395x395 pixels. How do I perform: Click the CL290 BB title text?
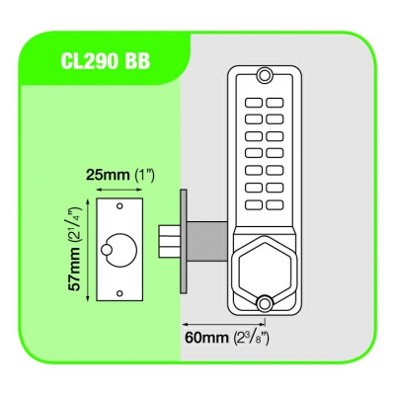coord(106,61)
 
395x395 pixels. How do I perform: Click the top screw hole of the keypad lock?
coord(263,74)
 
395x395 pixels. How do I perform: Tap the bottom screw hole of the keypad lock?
coord(263,304)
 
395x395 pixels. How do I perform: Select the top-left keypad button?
coord(254,103)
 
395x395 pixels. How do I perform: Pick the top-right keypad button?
coord(275,103)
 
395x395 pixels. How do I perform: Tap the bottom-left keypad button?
coord(254,205)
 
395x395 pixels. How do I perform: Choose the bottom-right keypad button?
coord(275,205)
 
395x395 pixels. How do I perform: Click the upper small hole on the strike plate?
coord(119,205)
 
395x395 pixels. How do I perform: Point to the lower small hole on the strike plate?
coord(119,292)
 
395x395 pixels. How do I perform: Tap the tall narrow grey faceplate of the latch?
coord(184,241)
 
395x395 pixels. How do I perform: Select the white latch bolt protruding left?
coord(169,241)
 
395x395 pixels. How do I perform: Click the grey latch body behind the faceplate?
coord(207,241)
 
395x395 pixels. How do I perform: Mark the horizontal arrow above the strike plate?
coord(119,190)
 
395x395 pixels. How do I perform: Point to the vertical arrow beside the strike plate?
coord(87,249)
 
